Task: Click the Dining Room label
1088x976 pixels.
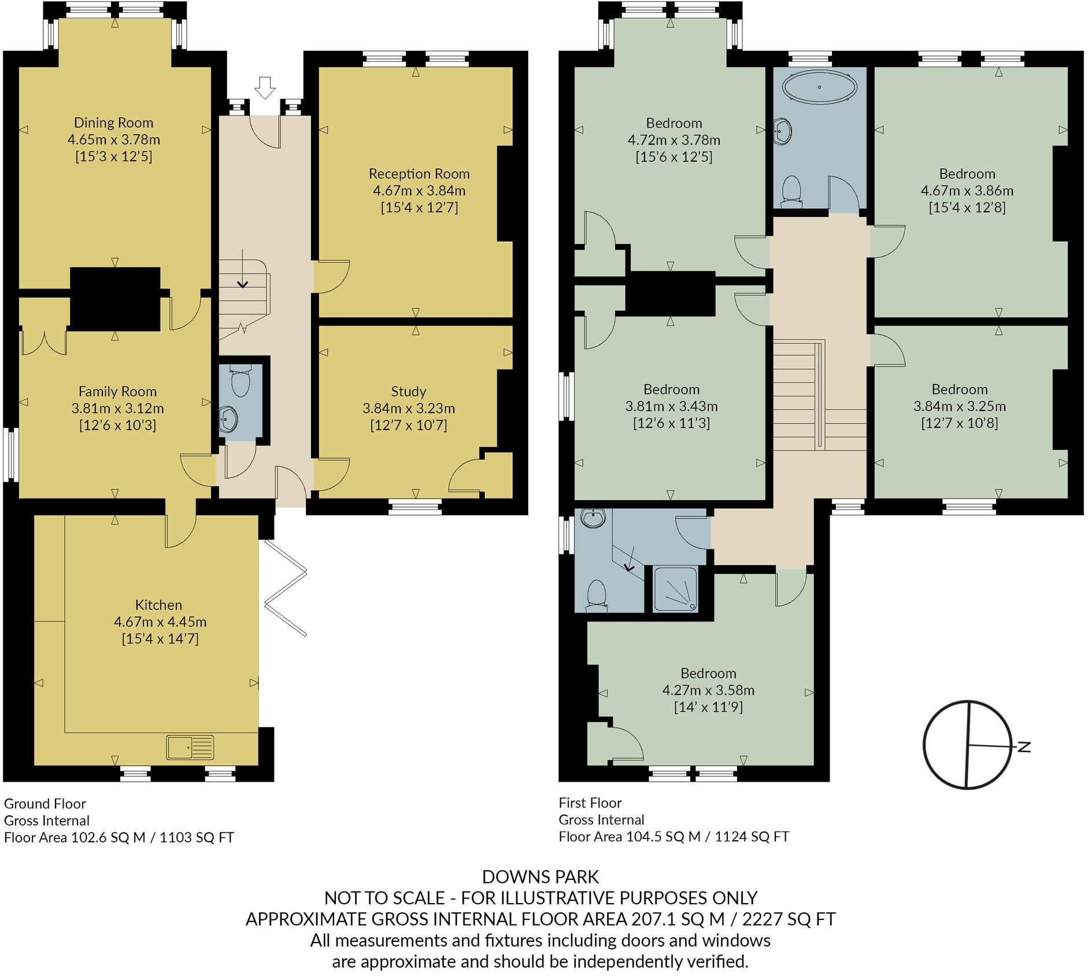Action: pyautogui.click(x=114, y=123)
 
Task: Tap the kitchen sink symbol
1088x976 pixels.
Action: pyautogui.click(x=190, y=747)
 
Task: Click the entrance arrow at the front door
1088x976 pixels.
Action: pyautogui.click(x=265, y=87)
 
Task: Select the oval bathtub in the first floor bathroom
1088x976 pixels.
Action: pyautogui.click(x=819, y=87)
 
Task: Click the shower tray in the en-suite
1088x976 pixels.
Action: pyautogui.click(x=675, y=589)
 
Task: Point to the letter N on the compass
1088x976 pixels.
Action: pyautogui.click(x=1024, y=746)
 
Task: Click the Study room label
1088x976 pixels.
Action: pyautogui.click(x=409, y=391)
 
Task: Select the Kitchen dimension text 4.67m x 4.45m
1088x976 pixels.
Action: pyautogui.click(x=160, y=622)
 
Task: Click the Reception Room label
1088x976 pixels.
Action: pyautogui.click(x=419, y=173)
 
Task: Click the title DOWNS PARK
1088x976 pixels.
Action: pyautogui.click(x=540, y=877)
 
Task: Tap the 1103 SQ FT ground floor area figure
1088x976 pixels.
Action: pyautogui.click(x=197, y=837)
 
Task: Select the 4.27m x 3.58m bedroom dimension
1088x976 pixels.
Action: pyautogui.click(x=708, y=690)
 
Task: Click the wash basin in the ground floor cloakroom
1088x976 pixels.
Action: pyautogui.click(x=228, y=419)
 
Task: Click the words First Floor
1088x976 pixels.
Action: pyautogui.click(x=590, y=803)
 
